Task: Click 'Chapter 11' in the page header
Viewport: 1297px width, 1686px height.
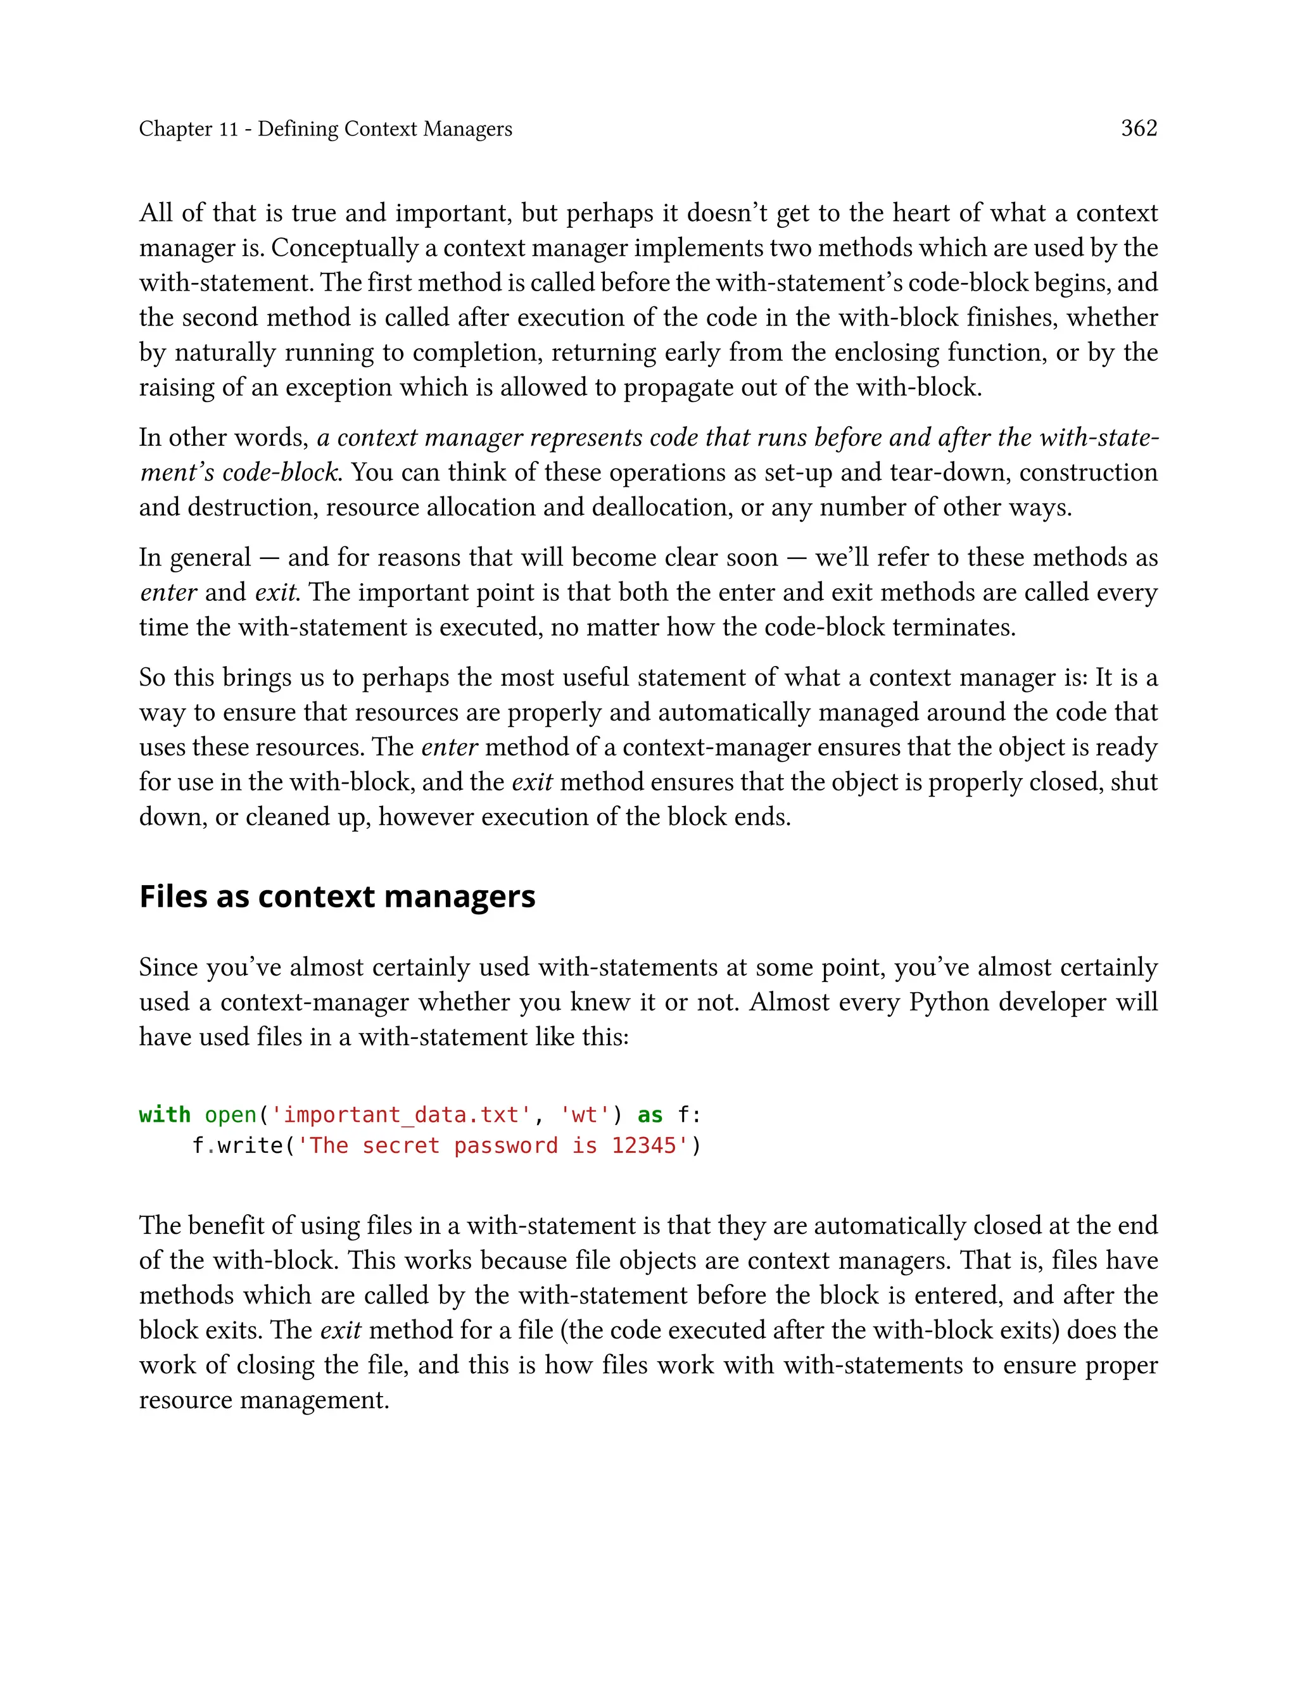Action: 188,129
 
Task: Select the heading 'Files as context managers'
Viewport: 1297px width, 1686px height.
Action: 337,896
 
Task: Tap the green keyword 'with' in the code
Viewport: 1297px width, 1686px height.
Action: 165,1115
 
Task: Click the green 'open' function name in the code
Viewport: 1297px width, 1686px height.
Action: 230,1115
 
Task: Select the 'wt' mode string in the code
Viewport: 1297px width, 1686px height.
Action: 585,1115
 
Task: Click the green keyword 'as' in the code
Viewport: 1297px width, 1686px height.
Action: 649,1115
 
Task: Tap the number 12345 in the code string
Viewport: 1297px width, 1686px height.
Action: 643,1146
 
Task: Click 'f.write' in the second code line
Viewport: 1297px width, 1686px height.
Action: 237,1146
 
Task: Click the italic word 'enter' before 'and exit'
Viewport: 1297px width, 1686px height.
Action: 168,593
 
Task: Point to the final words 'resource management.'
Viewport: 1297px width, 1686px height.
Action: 263,1400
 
